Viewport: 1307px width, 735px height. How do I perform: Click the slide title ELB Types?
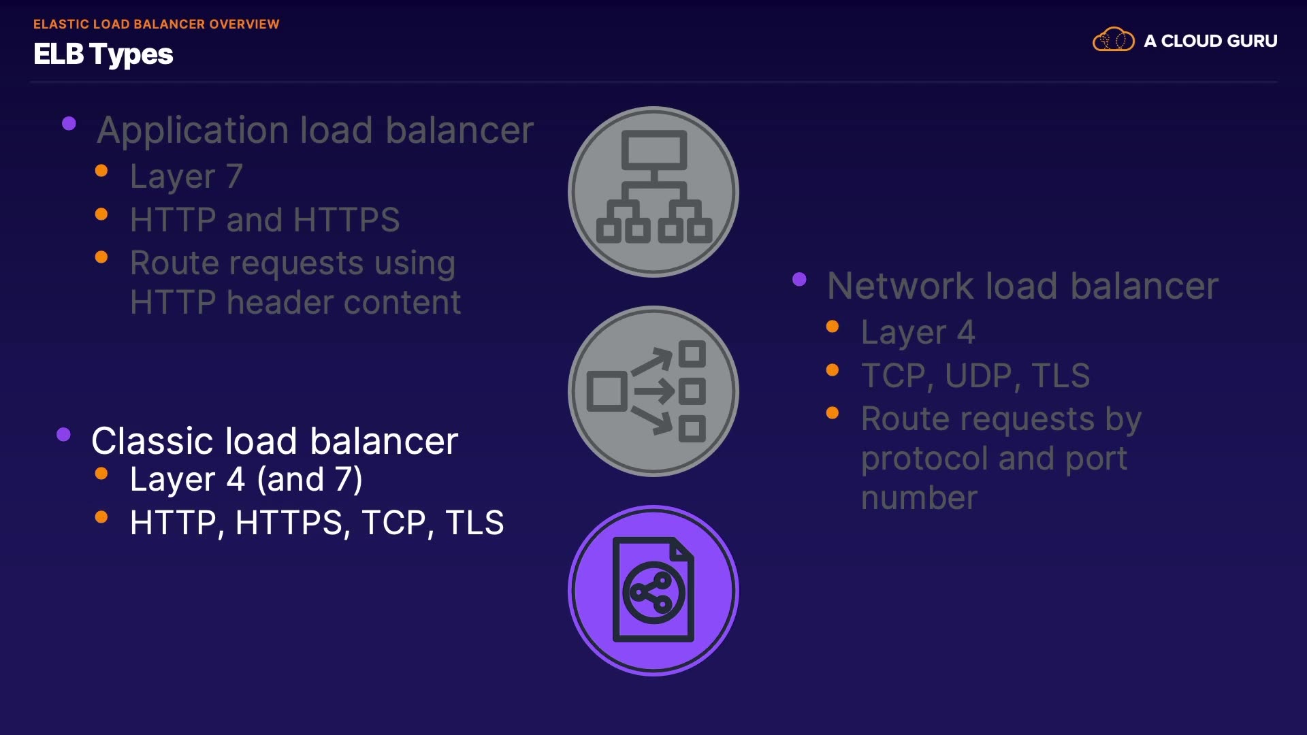tap(103, 54)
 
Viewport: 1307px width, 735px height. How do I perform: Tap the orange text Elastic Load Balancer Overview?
tap(156, 24)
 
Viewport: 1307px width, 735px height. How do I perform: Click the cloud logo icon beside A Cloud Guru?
tap(1113, 40)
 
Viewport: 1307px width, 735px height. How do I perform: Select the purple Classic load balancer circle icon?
tap(653, 590)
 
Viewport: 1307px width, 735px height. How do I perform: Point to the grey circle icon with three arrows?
tap(653, 391)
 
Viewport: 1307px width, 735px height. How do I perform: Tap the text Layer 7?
tap(186, 176)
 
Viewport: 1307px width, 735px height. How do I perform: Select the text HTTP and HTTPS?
tap(265, 220)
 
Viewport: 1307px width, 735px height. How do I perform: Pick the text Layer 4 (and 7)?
tap(246, 479)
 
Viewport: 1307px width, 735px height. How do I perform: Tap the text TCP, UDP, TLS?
tap(975, 376)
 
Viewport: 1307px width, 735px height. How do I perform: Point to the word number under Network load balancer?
tap(919, 498)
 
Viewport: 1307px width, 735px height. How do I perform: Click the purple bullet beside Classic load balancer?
tap(64, 435)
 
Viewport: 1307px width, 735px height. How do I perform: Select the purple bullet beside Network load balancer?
tap(800, 279)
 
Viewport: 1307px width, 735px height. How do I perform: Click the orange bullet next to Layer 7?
tap(101, 171)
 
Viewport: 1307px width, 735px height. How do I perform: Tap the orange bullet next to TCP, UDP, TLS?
tap(833, 370)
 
